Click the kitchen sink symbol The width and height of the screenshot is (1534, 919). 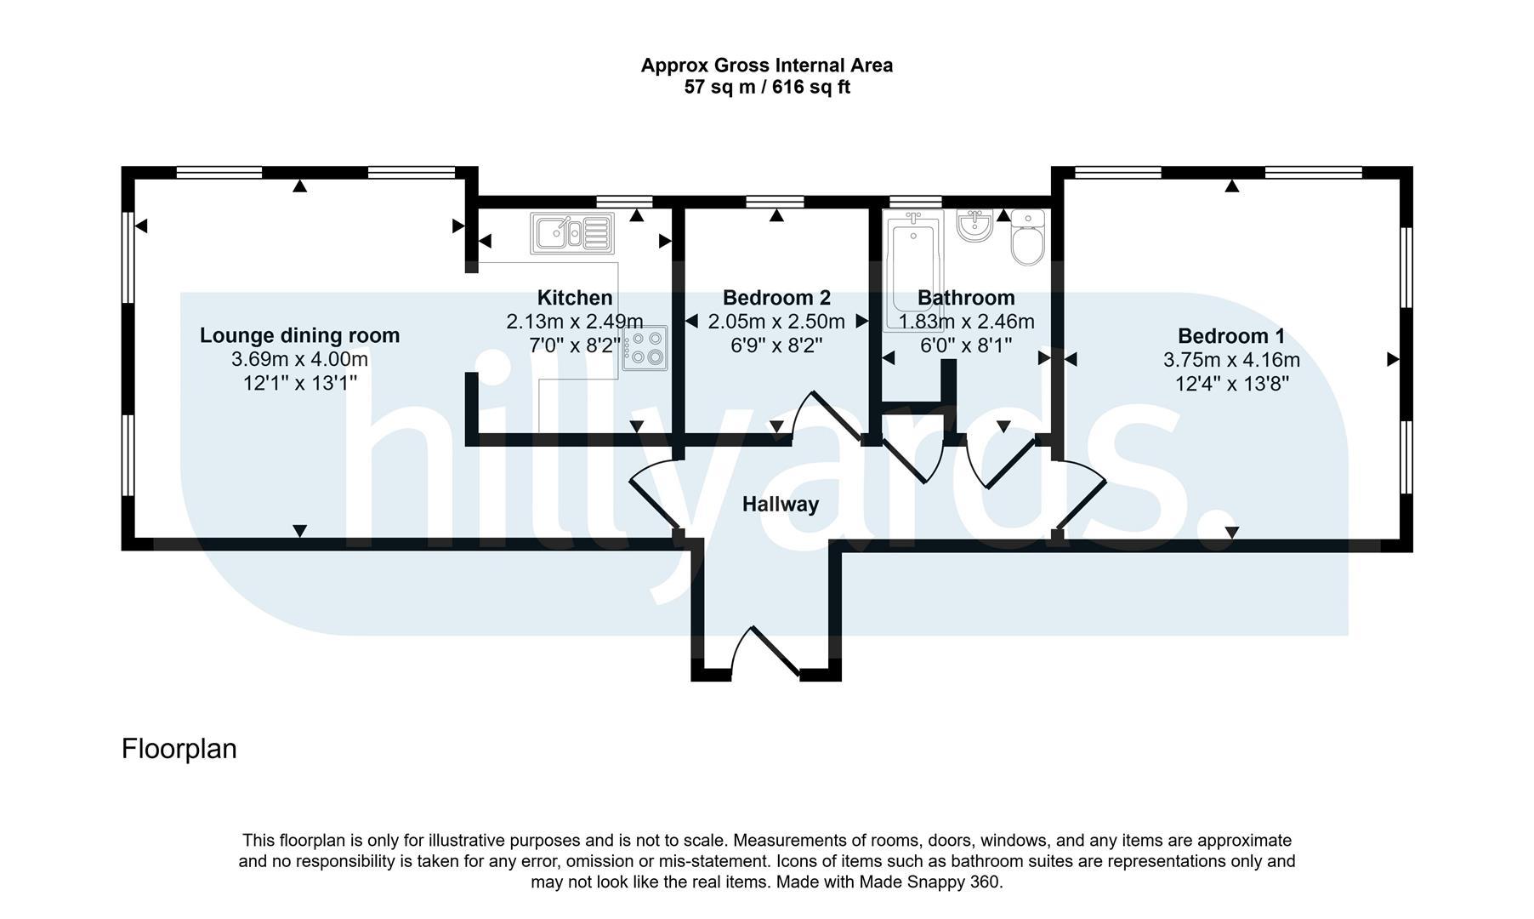(x=571, y=232)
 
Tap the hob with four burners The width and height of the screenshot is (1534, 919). (x=645, y=348)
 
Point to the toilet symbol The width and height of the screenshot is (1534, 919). (x=1027, y=239)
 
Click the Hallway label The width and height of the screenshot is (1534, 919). (x=780, y=505)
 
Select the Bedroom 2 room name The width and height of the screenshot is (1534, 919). (x=776, y=298)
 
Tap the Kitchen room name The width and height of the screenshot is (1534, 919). (x=575, y=298)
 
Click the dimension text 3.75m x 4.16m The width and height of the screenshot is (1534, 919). (x=1230, y=360)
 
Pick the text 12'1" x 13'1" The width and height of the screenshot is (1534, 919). (x=299, y=384)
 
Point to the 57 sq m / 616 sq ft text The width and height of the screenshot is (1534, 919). (x=766, y=87)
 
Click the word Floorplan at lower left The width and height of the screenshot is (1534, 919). (x=179, y=749)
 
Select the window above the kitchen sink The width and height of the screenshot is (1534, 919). (x=624, y=202)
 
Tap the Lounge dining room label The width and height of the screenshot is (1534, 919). (x=299, y=335)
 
